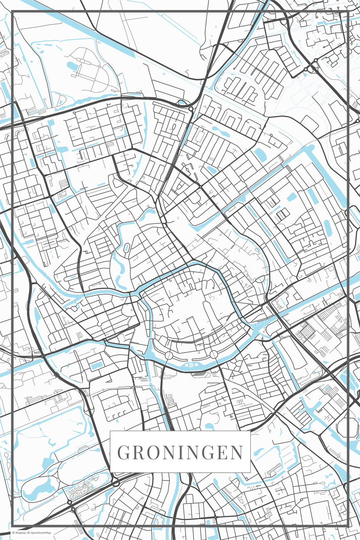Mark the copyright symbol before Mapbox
pyautogui.click(x=13, y=533)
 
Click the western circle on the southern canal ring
pyautogui.click(x=169, y=355)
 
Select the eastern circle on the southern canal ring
pyautogui.click(x=213, y=354)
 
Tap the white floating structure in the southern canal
pyautogui.click(x=191, y=365)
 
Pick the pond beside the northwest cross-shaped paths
pyautogui.click(x=73, y=66)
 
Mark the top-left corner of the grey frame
pyautogui.click(x=12, y=12)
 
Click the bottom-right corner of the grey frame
pyautogui.click(x=348, y=526)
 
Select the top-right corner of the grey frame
pyautogui.click(x=348, y=12)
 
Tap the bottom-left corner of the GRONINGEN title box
pyautogui.click(x=110, y=472)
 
